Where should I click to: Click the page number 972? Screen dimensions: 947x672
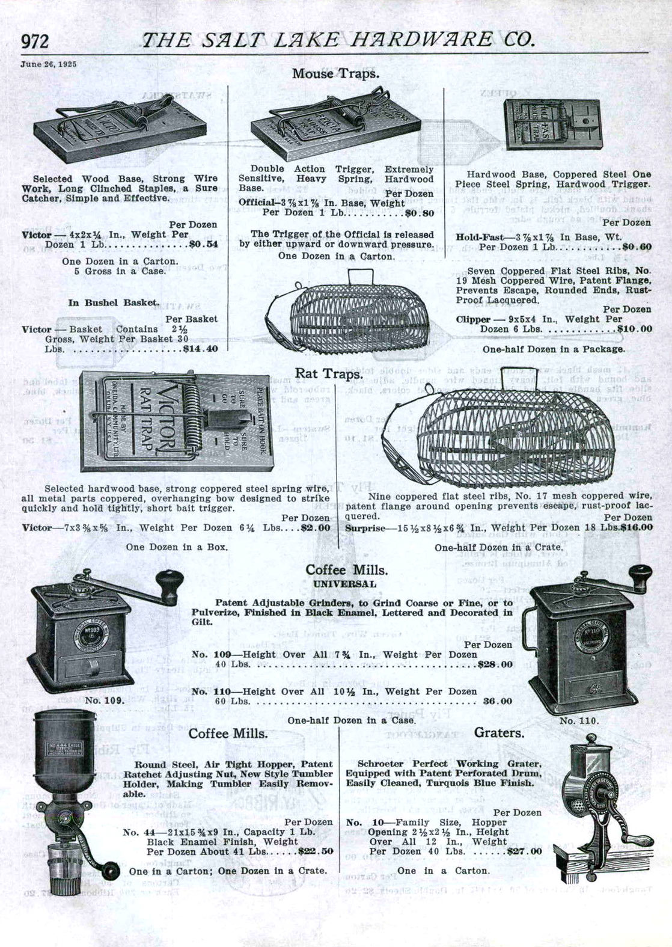coord(35,41)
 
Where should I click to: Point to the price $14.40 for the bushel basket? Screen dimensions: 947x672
coord(200,348)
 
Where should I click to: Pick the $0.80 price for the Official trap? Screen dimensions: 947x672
coord(419,213)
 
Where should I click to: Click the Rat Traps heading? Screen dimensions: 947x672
coord(328,374)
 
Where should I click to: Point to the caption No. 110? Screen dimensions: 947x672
coord(579,720)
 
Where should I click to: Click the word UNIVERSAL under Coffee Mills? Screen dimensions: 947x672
coord(344,584)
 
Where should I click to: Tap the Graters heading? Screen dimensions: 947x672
coord(499,733)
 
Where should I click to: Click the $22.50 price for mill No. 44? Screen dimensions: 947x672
coord(316,851)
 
